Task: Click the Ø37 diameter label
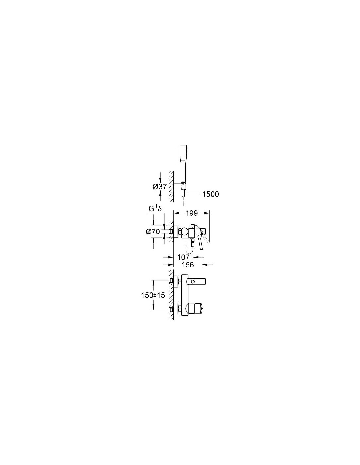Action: (x=160, y=187)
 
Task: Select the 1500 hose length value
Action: (x=210, y=194)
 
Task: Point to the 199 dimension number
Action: (x=192, y=213)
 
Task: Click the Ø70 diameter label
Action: (x=153, y=231)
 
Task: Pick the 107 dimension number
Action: (x=184, y=257)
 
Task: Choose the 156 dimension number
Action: (x=188, y=265)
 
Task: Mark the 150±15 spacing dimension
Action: (x=153, y=295)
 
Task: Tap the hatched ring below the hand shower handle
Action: (x=183, y=183)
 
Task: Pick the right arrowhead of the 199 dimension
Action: (x=207, y=213)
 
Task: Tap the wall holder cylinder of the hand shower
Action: (x=178, y=186)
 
